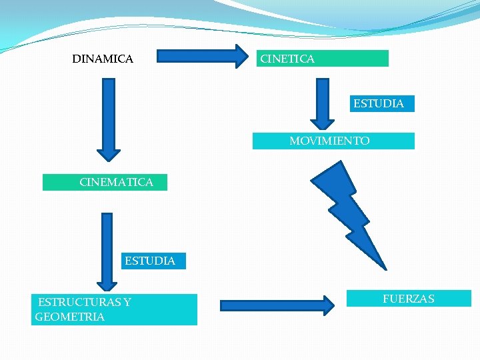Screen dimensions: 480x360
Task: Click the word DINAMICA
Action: (103, 59)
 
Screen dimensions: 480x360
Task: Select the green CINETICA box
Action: (323, 59)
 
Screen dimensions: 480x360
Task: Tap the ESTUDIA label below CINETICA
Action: (379, 104)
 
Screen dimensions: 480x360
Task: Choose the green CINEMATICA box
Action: (105, 182)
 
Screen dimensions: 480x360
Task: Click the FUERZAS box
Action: (409, 299)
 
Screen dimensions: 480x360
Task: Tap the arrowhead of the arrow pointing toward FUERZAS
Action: (327, 306)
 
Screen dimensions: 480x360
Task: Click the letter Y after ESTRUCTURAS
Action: (127, 302)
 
